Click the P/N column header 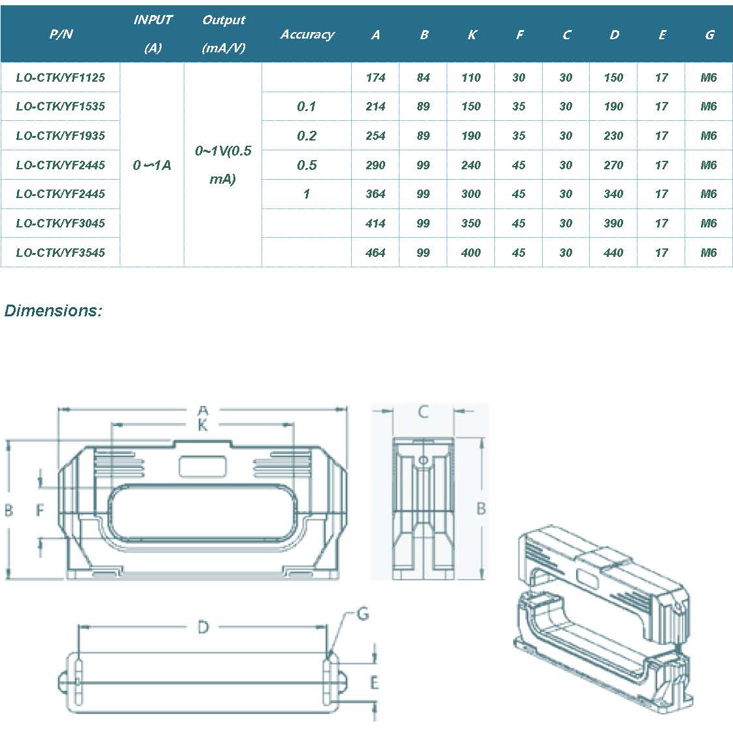pos(61,34)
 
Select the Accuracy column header pos(307,35)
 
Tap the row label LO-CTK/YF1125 pos(60,78)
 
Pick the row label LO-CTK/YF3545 pos(60,253)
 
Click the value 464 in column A pos(375,253)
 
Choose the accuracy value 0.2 pos(307,136)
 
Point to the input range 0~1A pos(152,165)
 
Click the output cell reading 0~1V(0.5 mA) pos(223,165)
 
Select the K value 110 pos(471,78)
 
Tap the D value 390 pos(613,224)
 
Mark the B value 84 pos(423,78)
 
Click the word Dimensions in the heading pos(53,310)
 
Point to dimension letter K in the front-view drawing pos(203,425)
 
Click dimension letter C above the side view pos(423,412)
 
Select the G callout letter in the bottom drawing pos(363,614)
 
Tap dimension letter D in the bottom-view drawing pos(203,627)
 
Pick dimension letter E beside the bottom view pos(374,683)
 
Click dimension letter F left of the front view pos(40,510)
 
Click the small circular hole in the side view pos(423,461)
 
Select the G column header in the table pos(709,35)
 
